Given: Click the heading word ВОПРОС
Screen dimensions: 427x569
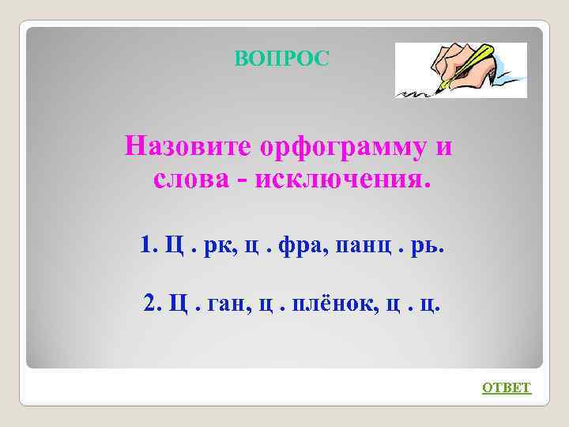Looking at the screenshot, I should [x=281, y=59].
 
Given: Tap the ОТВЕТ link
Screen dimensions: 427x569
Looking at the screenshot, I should [x=507, y=387].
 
